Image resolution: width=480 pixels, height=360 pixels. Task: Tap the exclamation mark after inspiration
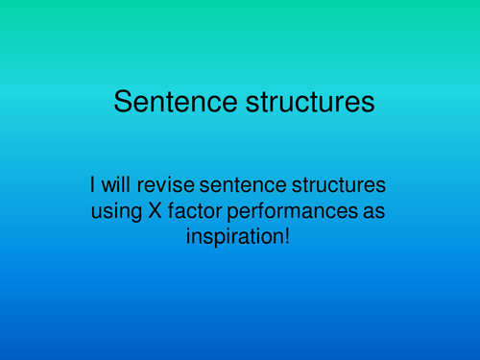(285, 234)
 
